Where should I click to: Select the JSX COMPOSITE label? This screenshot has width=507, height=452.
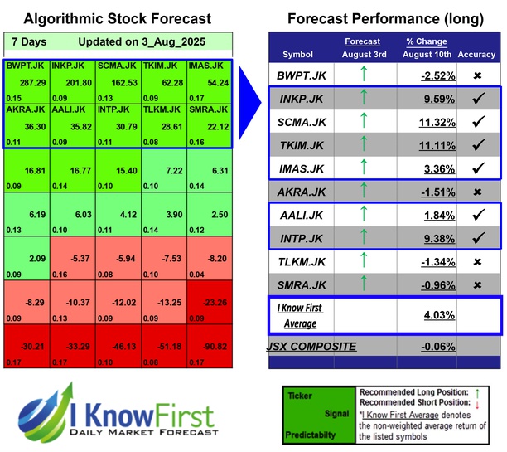[311, 346]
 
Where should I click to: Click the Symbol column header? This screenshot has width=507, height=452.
[298, 54]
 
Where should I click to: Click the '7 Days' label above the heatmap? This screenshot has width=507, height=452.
[30, 41]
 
